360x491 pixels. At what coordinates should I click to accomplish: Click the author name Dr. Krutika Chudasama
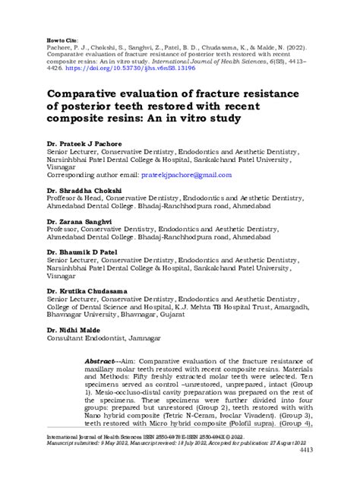click(x=87, y=291)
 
